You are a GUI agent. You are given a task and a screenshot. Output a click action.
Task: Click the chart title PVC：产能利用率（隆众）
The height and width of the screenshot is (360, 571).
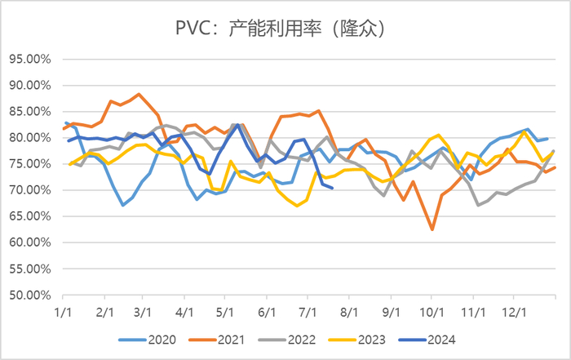[285, 29]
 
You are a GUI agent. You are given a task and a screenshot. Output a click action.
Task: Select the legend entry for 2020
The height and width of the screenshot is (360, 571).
[151, 336]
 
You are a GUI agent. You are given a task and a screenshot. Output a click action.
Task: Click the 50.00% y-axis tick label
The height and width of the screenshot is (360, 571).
[31, 296]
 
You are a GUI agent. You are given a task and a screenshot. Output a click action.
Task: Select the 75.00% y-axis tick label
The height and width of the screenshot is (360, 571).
[31, 164]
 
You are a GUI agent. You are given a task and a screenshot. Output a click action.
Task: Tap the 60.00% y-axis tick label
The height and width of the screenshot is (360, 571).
[31, 243]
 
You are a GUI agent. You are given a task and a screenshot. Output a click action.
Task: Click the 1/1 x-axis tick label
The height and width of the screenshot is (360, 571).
[62, 312]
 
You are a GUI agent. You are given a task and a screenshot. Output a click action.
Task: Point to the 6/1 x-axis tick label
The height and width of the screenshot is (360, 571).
[267, 312]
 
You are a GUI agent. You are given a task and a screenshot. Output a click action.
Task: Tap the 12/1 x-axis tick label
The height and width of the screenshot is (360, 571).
[515, 312]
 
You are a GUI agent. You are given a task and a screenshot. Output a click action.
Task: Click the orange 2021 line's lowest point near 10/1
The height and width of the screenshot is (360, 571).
[432, 229]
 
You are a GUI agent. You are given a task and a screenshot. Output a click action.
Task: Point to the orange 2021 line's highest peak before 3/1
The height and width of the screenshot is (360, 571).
[139, 95]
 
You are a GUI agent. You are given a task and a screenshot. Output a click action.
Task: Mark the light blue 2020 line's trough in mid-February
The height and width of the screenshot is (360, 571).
[122, 205]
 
